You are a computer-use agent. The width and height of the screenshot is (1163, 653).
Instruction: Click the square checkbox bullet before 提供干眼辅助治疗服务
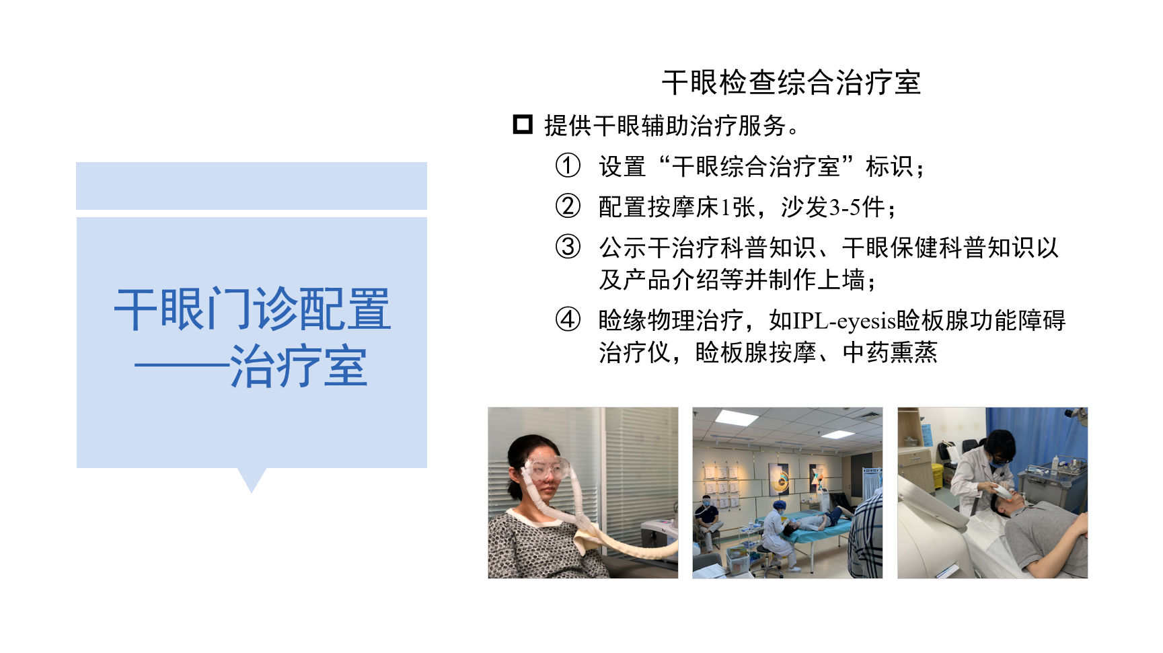[x=523, y=125]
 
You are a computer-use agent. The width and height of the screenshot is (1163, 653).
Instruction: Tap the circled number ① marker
[x=568, y=165]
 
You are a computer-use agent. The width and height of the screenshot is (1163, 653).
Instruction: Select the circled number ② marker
[x=568, y=206]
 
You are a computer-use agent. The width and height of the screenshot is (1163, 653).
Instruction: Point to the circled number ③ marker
[x=568, y=247]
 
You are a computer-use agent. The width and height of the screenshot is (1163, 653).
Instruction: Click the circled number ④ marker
[x=568, y=319]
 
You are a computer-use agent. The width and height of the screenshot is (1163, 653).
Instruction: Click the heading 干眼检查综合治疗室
[x=791, y=83]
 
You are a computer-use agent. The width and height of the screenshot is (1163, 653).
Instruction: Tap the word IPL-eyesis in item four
[x=844, y=320]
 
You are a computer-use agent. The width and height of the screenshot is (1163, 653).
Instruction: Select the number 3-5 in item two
[x=844, y=207]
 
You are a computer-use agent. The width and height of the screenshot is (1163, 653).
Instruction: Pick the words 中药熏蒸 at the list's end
[x=890, y=352]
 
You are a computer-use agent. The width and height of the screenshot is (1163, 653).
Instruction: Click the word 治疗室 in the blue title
[x=299, y=367]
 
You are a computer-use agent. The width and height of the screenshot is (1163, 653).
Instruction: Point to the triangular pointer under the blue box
[x=252, y=479]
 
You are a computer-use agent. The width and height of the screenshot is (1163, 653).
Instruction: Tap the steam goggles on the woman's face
[x=546, y=468]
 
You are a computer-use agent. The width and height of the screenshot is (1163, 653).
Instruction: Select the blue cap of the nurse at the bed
[x=778, y=505]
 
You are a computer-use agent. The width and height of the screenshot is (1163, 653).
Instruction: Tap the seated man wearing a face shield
[x=708, y=519]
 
